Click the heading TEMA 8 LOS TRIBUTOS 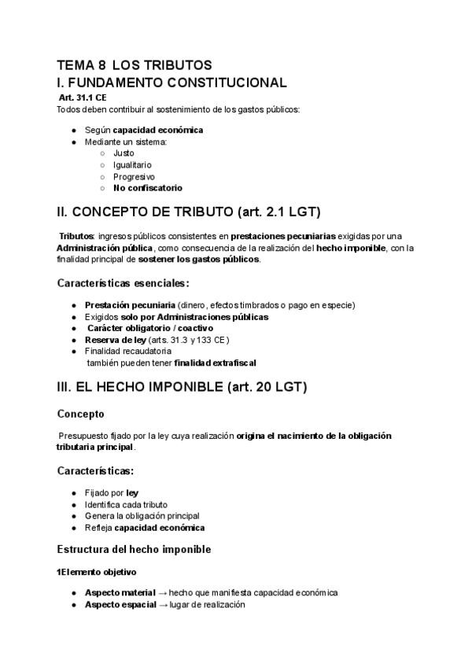coord(135,65)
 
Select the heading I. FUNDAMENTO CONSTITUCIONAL coord(171,83)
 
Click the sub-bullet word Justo coord(124,153)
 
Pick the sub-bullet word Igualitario coord(133,164)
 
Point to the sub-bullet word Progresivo coord(134,176)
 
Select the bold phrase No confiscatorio coord(147,188)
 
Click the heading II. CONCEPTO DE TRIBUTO coord(188,212)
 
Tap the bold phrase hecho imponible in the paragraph coord(351,248)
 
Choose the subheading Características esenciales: coord(124,282)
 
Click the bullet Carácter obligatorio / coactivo coord(150,328)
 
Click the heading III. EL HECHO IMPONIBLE coord(182,387)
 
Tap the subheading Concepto coord(81,413)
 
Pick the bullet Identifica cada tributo coord(126,504)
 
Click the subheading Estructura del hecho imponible coord(135,547)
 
